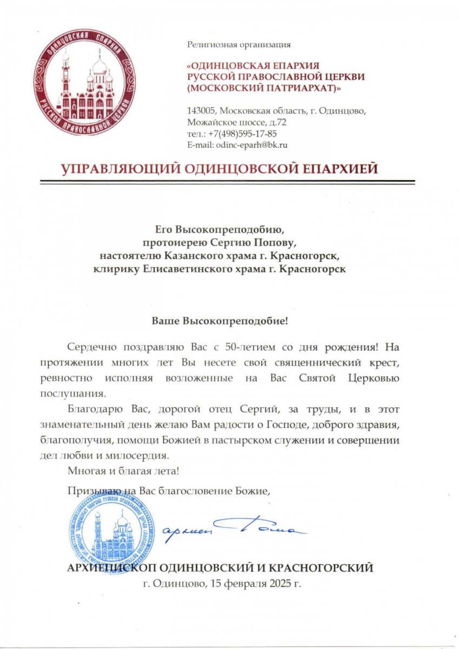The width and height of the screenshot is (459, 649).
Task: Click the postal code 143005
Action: [x=201, y=111]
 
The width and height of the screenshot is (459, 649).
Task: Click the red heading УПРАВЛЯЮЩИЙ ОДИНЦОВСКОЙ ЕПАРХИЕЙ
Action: [x=220, y=169]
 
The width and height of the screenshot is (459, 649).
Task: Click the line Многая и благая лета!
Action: [x=123, y=471]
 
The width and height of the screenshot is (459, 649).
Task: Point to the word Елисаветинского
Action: [x=181, y=268]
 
